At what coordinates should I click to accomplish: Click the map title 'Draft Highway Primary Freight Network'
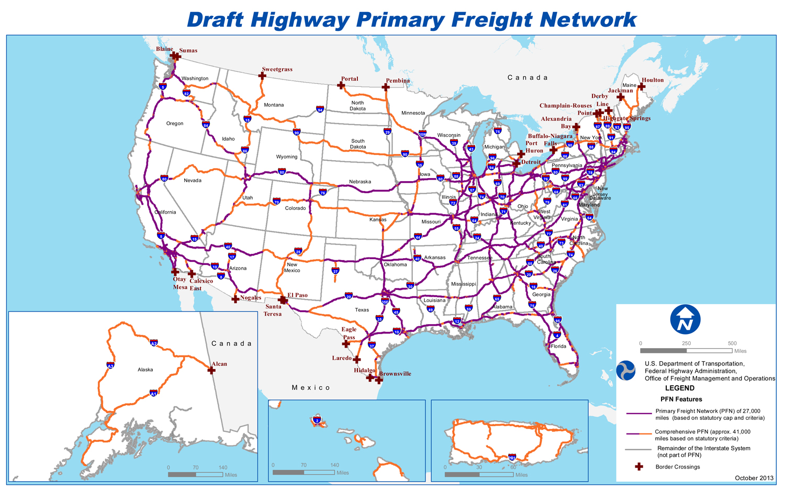411,20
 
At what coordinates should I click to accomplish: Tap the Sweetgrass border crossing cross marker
262,76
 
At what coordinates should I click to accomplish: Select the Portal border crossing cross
341,85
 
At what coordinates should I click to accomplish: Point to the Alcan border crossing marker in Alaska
211,371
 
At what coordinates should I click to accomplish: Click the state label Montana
274,105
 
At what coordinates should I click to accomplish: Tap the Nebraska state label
360,182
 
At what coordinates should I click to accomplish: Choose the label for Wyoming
286,157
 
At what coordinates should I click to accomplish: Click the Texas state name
362,310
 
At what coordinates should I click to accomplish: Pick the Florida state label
558,347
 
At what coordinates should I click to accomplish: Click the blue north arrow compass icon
685,320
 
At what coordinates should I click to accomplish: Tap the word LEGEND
679,388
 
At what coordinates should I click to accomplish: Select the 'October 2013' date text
754,478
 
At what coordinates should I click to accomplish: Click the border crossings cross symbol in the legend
639,466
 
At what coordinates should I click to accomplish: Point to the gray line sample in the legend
638,450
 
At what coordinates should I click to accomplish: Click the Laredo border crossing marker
357,360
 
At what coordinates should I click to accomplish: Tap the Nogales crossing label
251,298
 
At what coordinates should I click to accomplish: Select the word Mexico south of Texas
311,388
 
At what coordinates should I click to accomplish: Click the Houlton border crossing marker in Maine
642,86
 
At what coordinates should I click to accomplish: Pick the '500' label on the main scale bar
732,343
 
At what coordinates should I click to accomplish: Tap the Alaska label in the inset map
145,370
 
